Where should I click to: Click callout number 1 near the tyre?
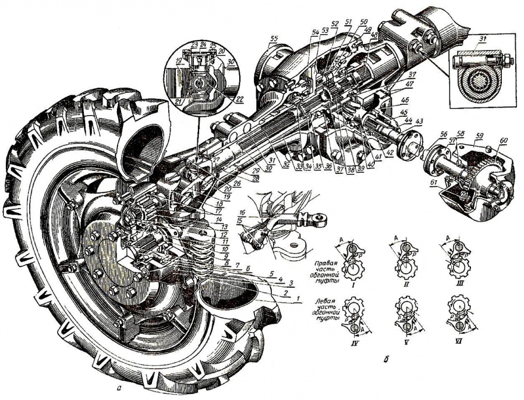[x=299, y=299]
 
